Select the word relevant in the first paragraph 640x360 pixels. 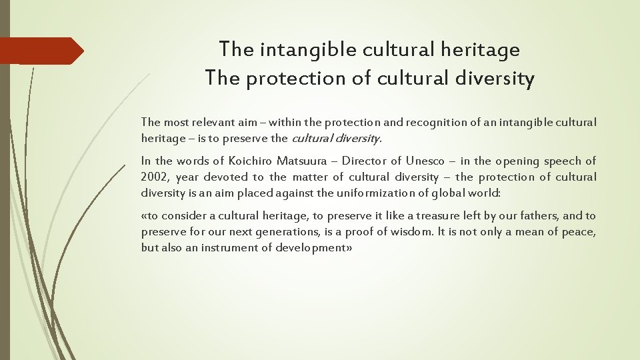click(x=211, y=122)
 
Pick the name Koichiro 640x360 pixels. click(x=253, y=161)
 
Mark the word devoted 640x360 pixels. click(x=226, y=177)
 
